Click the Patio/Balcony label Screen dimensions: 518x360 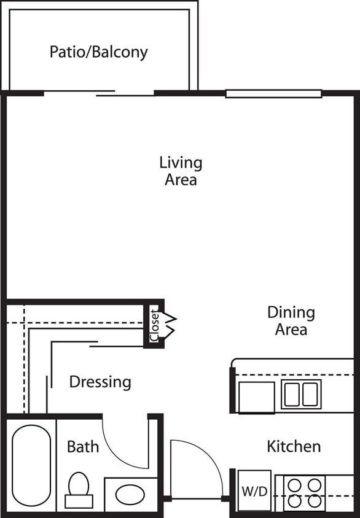(x=98, y=52)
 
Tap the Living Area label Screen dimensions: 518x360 (x=181, y=171)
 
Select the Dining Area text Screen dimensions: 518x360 (x=291, y=320)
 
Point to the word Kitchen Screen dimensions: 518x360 (x=293, y=446)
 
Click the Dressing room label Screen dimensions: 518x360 (x=100, y=382)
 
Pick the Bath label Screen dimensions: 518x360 (x=83, y=447)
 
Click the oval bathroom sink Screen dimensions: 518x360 (x=130, y=494)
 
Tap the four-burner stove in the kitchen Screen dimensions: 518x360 (x=305, y=493)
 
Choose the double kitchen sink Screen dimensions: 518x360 (x=301, y=394)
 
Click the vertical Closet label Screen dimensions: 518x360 (x=154, y=325)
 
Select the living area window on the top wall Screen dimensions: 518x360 (x=273, y=94)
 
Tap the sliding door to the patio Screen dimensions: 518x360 (x=98, y=93)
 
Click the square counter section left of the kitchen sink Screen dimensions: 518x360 (x=257, y=396)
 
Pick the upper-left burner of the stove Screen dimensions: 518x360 (x=294, y=485)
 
